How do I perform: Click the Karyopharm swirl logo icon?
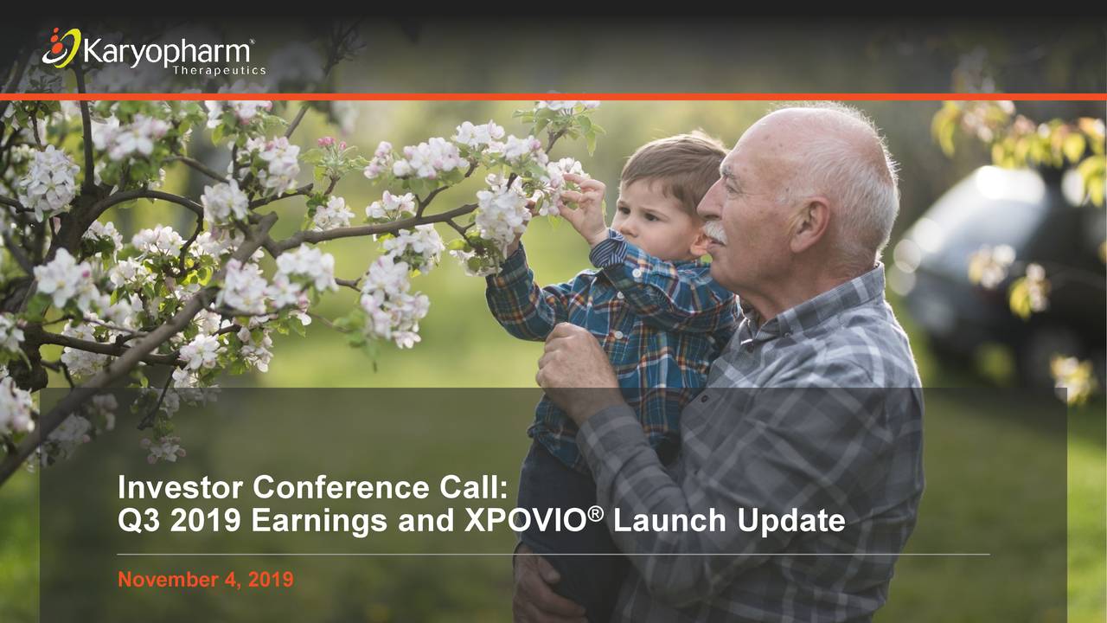(61, 48)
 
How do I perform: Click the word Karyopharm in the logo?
(167, 51)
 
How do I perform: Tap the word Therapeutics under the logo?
(220, 70)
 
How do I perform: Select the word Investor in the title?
(180, 487)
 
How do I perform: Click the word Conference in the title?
(341, 487)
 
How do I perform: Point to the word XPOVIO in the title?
(525, 520)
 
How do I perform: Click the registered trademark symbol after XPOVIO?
(596, 514)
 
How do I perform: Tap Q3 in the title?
(139, 521)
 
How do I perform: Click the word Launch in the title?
(669, 520)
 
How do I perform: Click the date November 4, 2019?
(206, 580)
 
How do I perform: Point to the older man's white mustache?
(714, 232)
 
